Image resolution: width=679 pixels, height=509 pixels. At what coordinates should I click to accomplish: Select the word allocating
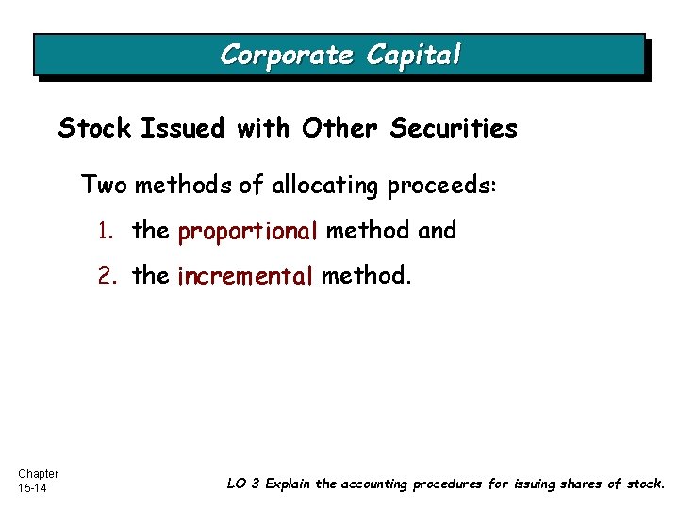pos(322,186)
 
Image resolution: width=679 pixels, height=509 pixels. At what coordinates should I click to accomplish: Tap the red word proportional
pos(248,231)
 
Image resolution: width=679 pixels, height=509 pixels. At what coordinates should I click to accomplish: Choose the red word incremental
pos(244,276)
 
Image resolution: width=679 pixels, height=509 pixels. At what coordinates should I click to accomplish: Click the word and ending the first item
pos(436,230)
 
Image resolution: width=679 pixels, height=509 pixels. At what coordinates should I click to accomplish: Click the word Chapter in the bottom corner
pos(38,473)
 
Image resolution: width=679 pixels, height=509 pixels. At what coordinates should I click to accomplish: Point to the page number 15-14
pos(32,488)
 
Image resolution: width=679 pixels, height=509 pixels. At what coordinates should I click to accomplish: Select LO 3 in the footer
pos(243,484)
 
